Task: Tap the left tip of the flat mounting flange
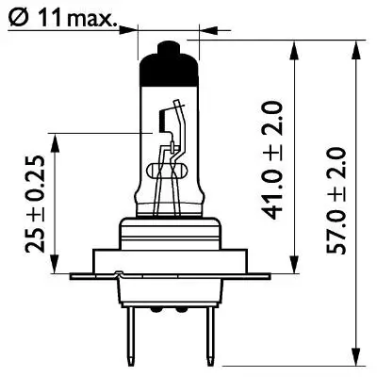point(74,275)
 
